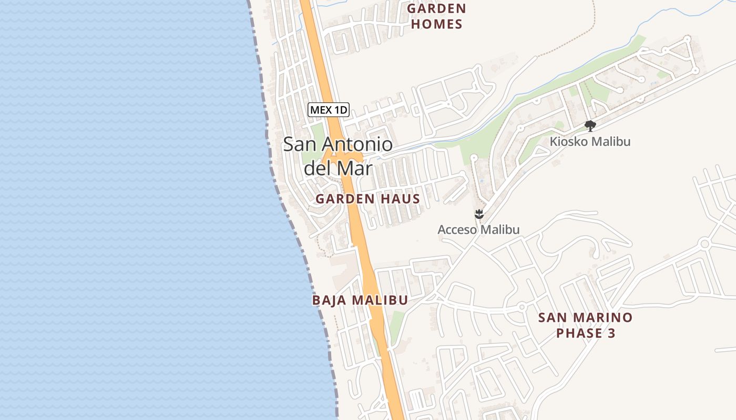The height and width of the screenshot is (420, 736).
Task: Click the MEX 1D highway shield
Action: [x=329, y=110]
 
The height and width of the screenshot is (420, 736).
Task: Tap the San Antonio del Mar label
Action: [x=338, y=156]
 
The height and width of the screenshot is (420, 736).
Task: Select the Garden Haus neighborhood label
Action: [x=367, y=199]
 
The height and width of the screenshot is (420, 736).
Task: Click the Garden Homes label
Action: [x=436, y=16]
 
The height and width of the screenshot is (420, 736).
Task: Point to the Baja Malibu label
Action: [x=360, y=300]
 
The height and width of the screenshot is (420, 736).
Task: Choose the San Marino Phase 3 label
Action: [x=586, y=325]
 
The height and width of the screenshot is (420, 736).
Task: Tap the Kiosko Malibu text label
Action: [x=590, y=142]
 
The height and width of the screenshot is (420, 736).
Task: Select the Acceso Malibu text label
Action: [x=478, y=230]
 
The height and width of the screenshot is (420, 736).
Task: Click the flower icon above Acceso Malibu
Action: [x=478, y=214]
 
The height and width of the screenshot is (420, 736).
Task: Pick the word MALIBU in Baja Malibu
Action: [x=380, y=300]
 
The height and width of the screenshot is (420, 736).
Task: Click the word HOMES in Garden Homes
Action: [x=436, y=24]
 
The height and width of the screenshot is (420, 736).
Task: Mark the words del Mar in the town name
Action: [x=338, y=169]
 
